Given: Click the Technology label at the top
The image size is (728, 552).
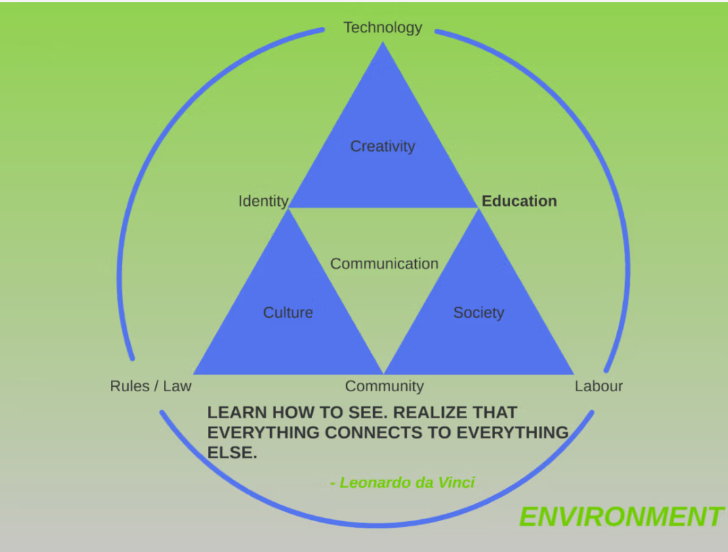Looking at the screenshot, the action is coord(382,28).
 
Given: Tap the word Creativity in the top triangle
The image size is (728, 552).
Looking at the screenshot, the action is coord(382,146).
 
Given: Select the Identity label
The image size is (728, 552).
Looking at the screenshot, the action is coord(263,202).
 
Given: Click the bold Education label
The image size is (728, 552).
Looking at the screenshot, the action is coord(519,201).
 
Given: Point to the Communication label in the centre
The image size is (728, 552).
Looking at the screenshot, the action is coord(384,264).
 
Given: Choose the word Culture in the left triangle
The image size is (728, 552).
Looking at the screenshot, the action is coord(288,312).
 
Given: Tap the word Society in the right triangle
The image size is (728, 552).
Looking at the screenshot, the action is coord(479,312).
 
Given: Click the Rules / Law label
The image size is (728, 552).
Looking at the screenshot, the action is coord(150,386).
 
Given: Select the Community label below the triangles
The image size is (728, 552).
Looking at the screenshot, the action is coord(384,386).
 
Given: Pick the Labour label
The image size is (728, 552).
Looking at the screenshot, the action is coord(598,386).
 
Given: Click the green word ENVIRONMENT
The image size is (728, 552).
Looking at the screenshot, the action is coord(621,517).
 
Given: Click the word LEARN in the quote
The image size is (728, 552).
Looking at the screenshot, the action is coord(237,413).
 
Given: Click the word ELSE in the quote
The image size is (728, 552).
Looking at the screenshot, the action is coord(232,453).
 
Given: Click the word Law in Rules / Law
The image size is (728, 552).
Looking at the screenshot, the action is coord(177,386).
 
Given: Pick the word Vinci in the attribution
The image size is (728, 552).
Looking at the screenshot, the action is coord(456,483).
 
